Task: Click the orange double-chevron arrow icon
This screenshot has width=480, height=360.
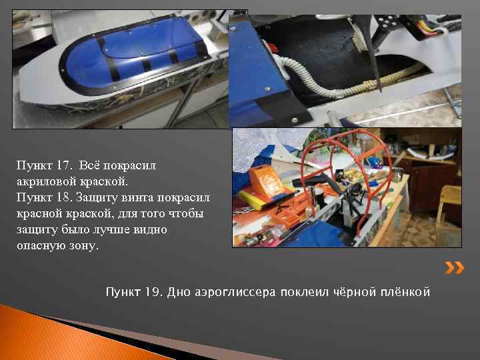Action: coord(455,269)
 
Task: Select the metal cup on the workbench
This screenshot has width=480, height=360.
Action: coord(397,175)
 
